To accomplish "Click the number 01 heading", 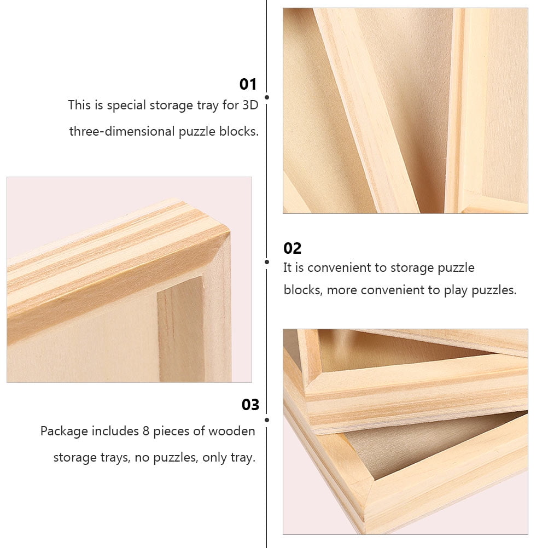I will [x=248, y=84].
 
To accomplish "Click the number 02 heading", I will [x=292, y=248].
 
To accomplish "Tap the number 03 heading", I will [x=250, y=405].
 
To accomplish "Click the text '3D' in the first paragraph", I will [x=249, y=105].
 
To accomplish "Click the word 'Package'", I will [x=64, y=432].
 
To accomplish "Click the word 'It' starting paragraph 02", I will [x=288, y=268].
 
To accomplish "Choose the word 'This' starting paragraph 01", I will [x=80, y=105].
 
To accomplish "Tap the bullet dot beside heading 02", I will [x=267, y=262].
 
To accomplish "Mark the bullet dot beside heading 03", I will [x=267, y=420].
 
